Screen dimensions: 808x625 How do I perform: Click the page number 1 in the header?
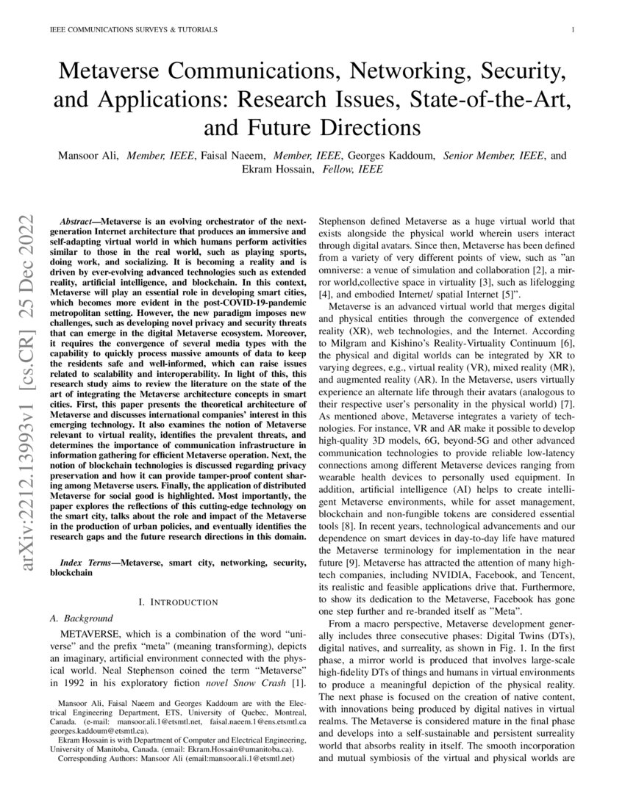pos(571,30)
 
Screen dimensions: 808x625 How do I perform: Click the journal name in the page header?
pos(133,30)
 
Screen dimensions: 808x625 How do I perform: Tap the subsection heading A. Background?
pos(85,618)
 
